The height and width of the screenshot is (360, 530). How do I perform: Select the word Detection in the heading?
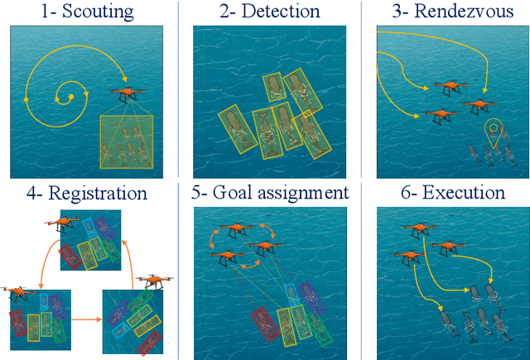(280, 12)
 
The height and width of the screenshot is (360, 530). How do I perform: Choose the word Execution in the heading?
(463, 194)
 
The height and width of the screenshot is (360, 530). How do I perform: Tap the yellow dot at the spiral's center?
(71, 97)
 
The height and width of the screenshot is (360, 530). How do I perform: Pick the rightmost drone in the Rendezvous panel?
(478, 105)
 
